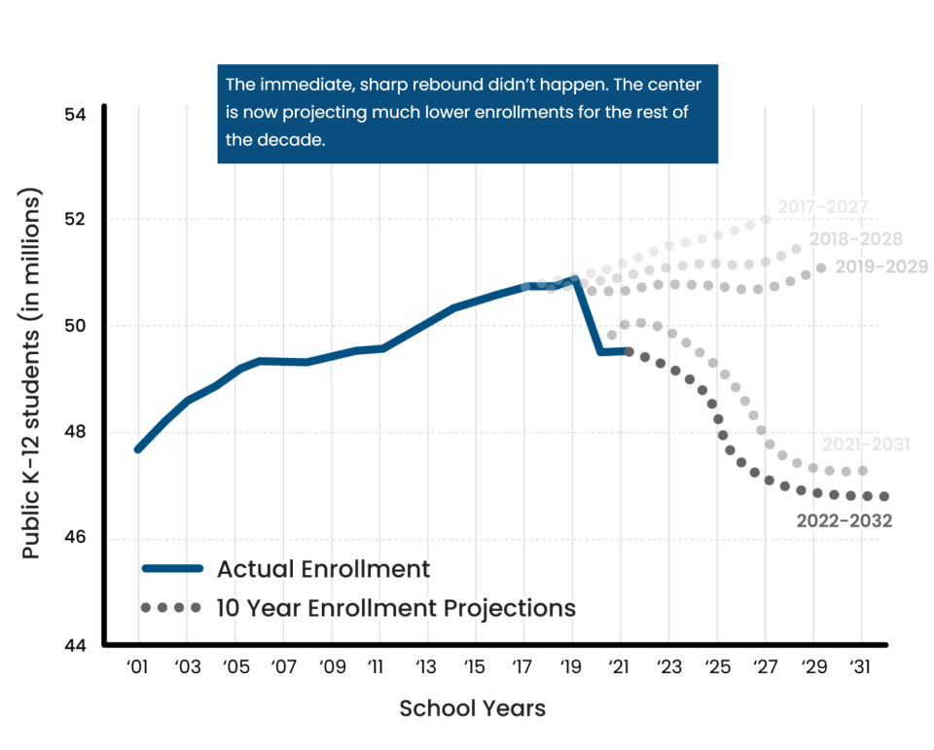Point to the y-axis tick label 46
click(x=75, y=539)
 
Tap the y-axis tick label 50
click(x=75, y=326)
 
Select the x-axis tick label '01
click(x=138, y=667)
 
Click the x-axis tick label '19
click(x=571, y=667)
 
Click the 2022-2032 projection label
click(x=844, y=521)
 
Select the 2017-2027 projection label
click(x=822, y=207)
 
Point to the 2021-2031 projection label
click(x=866, y=445)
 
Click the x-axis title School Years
click(x=473, y=708)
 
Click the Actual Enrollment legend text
click(x=323, y=568)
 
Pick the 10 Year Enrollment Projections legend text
click(x=397, y=608)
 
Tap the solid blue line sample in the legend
click(x=171, y=568)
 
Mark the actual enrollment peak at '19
click(x=574, y=280)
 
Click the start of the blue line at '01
click(x=138, y=449)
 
